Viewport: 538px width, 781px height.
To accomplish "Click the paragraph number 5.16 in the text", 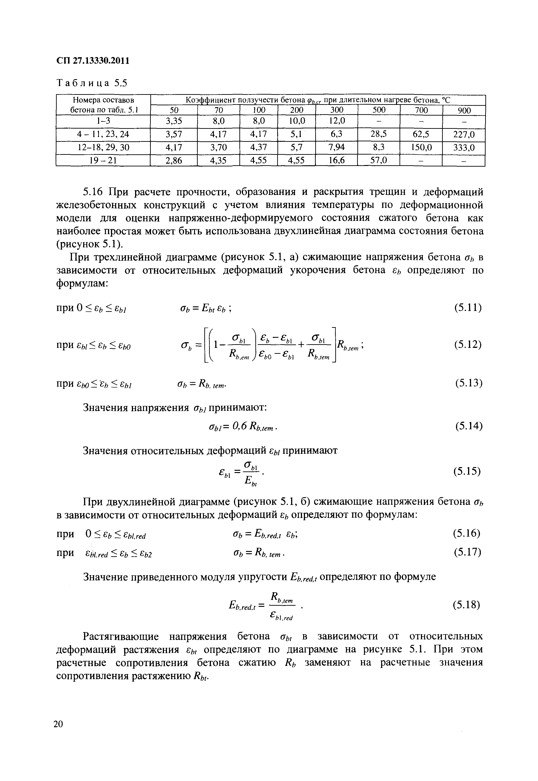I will point(92,192).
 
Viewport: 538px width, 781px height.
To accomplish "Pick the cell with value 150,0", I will point(421,148).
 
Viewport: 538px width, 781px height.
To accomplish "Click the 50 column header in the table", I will point(174,110).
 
